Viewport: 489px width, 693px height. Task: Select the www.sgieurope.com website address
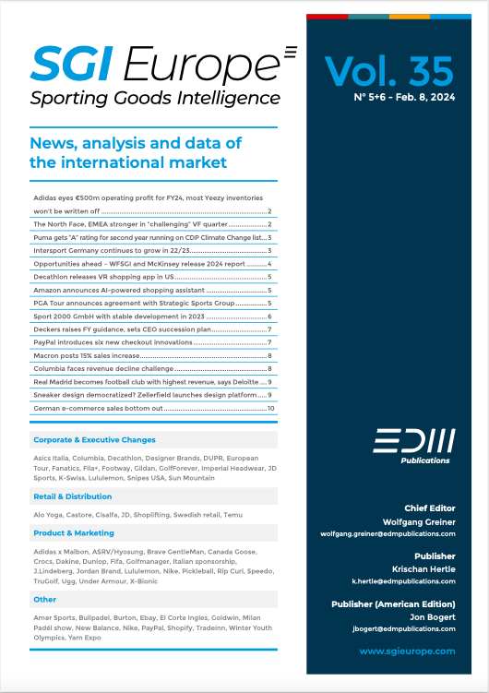click(407, 651)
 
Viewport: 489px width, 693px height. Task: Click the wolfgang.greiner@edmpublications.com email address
click(388, 533)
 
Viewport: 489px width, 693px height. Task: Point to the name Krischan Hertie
click(424, 569)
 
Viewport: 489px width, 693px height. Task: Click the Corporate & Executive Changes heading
click(94, 440)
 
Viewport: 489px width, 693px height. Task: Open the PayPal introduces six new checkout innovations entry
click(113, 341)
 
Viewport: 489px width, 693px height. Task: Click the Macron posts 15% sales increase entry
click(86, 355)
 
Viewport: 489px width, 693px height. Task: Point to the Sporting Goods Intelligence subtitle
click(155, 98)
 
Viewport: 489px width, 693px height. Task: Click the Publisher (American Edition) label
click(393, 603)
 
